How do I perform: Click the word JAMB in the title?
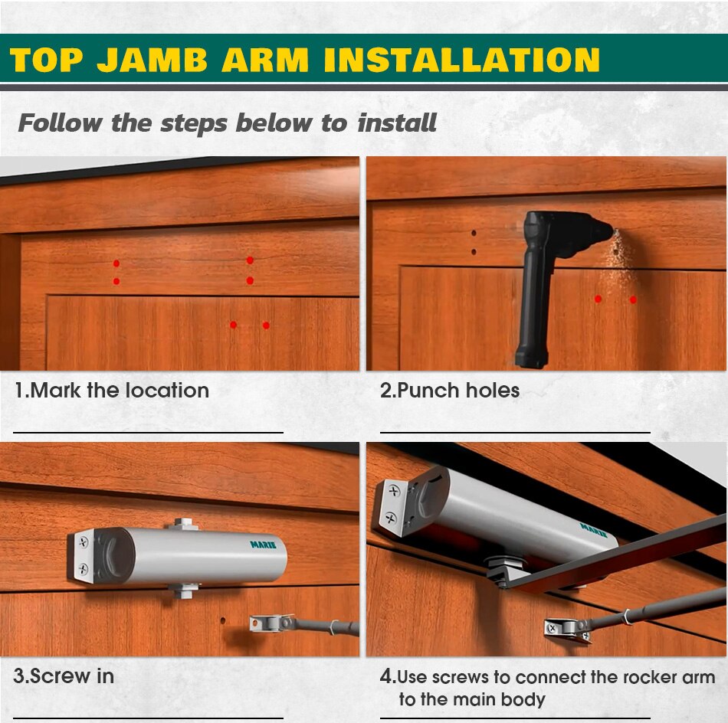tap(152, 61)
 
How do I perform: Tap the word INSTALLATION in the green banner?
tap(462, 61)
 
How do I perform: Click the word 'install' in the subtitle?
tap(396, 123)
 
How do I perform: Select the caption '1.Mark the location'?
tap(111, 391)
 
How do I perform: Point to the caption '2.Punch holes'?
tap(449, 391)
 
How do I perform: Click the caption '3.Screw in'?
tap(64, 676)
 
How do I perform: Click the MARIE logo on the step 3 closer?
tap(263, 545)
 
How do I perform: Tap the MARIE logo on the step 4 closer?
tap(593, 531)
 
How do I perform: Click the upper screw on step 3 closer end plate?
tap(84, 541)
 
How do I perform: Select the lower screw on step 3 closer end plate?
tap(83, 568)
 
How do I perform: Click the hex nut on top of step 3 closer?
tap(183, 523)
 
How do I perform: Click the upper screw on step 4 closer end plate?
tap(394, 491)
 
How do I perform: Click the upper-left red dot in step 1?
tap(116, 263)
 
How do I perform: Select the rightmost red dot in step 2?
tap(633, 299)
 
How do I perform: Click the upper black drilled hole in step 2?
tap(474, 233)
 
